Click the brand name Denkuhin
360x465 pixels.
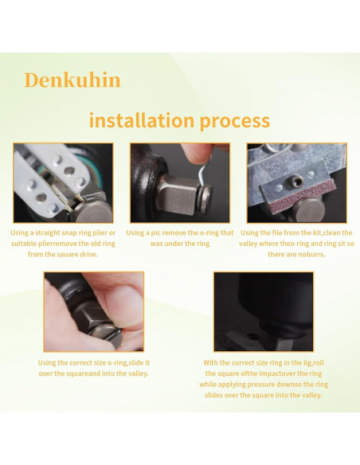[x=72, y=80]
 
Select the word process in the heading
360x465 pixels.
[x=236, y=121]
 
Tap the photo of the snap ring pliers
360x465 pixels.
[x=63, y=182]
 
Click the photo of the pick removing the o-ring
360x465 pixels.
[x=179, y=182]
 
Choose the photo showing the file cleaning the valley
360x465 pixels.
[x=296, y=182]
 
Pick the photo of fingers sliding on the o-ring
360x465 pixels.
[x=93, y=311]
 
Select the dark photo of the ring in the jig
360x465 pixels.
[x=264, y=311]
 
